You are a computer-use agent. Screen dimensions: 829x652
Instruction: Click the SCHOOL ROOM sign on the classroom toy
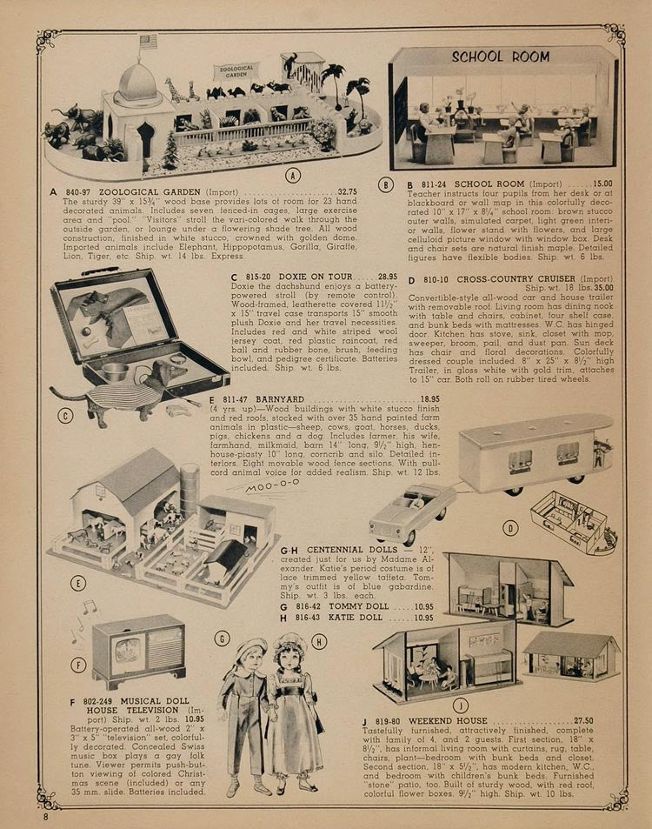[500, 57]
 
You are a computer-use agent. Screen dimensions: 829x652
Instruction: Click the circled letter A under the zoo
[293, 175]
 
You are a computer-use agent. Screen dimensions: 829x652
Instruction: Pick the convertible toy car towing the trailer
[412, 512]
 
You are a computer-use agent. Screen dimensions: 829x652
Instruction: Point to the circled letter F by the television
[79, 665]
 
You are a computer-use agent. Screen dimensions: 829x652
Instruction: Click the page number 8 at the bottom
[46, 817]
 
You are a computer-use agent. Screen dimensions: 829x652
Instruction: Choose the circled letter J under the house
[460, 705]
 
